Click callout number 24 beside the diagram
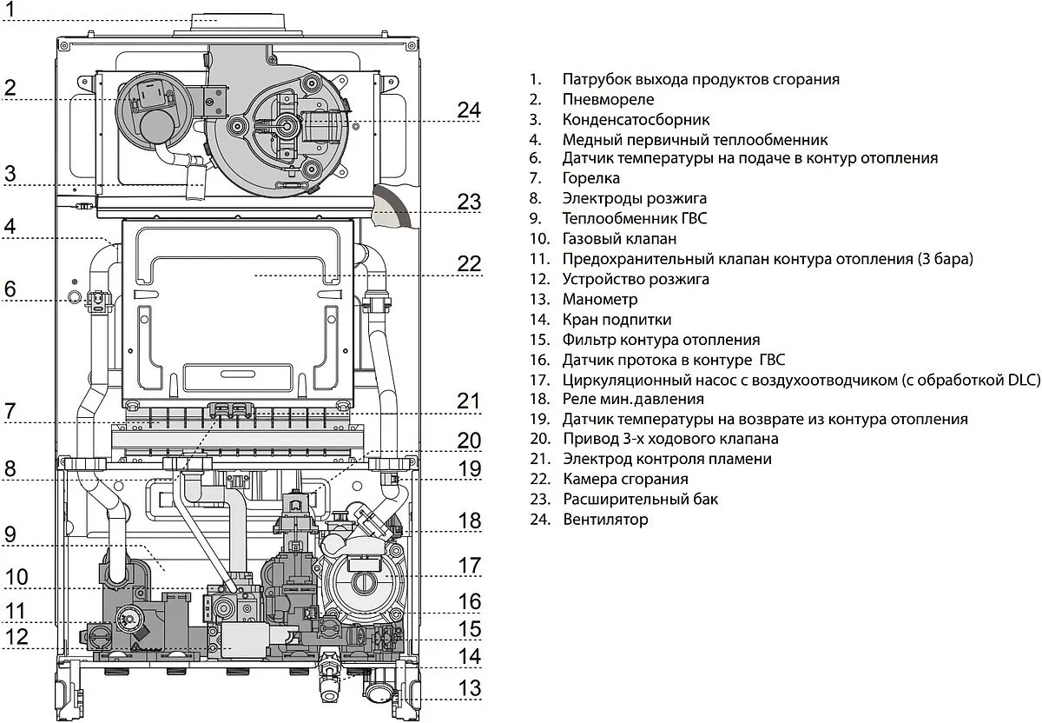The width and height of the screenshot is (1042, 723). (469, 110)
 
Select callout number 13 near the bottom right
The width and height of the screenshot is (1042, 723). (469, 688)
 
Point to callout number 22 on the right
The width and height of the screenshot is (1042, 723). (469, 263)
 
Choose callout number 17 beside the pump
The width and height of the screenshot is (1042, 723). (469, 565)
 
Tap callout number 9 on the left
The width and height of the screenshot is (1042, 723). (10, 534)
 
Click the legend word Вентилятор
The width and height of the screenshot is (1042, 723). (605, 520)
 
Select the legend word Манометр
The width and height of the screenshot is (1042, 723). (600, 299)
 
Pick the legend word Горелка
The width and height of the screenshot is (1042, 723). (591, 178)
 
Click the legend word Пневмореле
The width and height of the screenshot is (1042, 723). (609, 99)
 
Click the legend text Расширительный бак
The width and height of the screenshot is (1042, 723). (640, 500)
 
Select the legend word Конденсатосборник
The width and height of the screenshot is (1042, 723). (636, 119)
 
